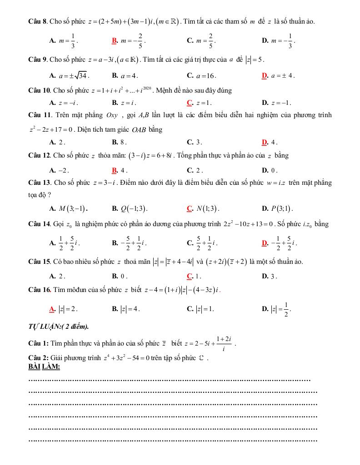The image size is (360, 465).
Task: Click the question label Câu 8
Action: click(x=38, y=21)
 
